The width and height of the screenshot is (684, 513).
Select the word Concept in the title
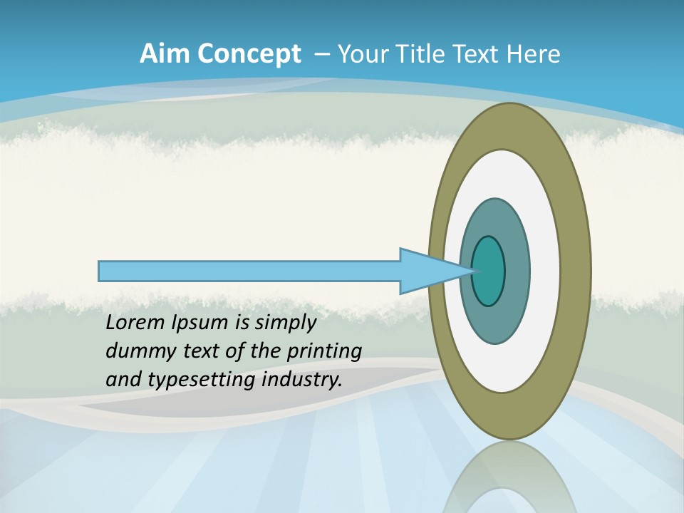tap(249, 54)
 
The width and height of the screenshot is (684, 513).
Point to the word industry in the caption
tap(302, 380)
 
